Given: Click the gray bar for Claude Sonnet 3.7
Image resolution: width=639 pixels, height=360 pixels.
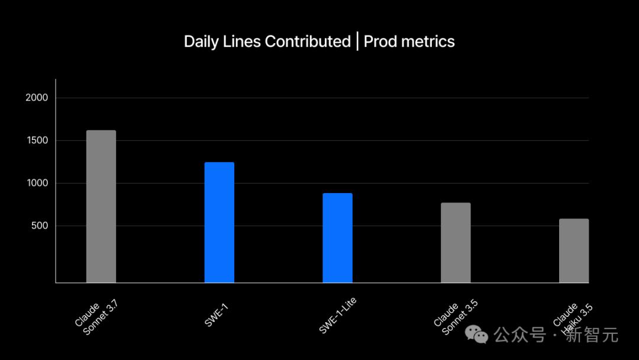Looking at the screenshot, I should [x=101, y=206].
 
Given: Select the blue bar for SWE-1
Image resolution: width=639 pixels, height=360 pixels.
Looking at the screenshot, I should [x=220, y=222].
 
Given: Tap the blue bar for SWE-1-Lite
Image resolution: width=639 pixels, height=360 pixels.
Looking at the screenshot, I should [x=337, y=237].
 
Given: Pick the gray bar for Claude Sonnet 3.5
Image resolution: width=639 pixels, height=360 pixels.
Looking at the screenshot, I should [x=456, y=242].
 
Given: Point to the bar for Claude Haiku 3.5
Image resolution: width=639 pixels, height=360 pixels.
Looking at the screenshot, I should [x=573, y=250].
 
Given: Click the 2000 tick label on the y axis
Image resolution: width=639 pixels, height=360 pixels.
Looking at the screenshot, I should [x=37, y=98].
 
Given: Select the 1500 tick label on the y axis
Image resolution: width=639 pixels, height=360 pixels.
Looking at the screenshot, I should [x=37, y=140].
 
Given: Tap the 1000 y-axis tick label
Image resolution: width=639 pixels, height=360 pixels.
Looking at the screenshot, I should [x=37, y=183].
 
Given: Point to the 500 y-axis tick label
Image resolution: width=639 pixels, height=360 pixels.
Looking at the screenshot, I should [x=39, y=226].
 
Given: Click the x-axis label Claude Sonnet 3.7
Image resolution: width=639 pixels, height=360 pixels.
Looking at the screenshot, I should [x=96, y=316].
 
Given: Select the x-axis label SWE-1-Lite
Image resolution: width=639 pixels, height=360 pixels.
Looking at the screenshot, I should [x=337, y=314].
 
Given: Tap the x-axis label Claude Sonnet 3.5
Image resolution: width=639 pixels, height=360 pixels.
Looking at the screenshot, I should [x=455, y=317].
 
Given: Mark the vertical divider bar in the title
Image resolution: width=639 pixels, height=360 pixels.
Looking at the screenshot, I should [x=357, y=42].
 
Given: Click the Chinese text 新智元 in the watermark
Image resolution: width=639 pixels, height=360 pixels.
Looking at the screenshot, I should [x=592, y=335].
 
